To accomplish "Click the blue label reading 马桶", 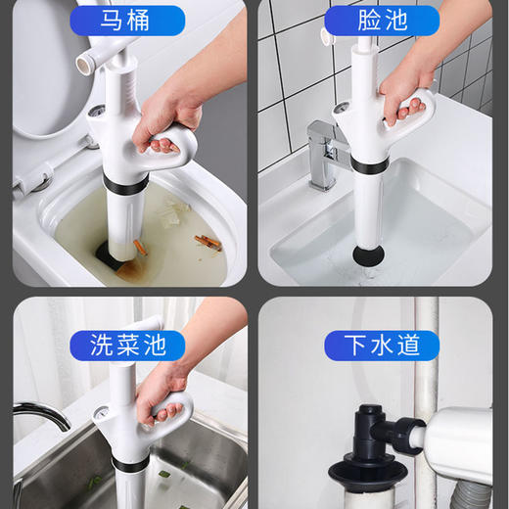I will tap(139, 20).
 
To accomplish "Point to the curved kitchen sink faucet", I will tap(39, 416).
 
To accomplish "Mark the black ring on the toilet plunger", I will tap(121, 183).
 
